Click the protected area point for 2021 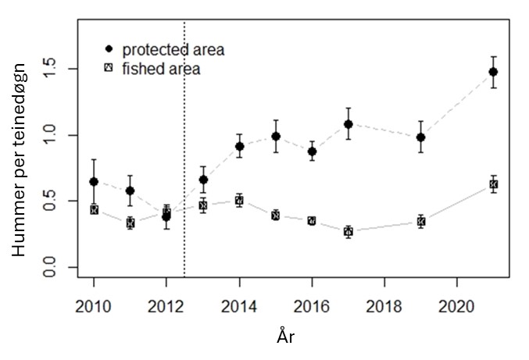pos(493,72)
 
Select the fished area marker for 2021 pos(493,184)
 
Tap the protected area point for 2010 pos(94,181)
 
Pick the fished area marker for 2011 pos(130,223)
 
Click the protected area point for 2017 pos(348,124)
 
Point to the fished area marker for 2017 pos(348,232)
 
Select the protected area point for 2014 pos(239,146)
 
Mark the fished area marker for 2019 pos(421,222)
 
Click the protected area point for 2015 pos(276,136)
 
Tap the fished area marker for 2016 pos(312,221)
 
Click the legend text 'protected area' pos(173,50)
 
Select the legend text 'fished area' pos(161,69)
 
